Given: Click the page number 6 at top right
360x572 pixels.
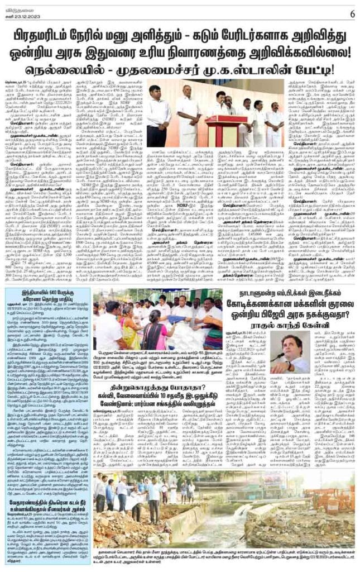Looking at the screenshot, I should point(352,13).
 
